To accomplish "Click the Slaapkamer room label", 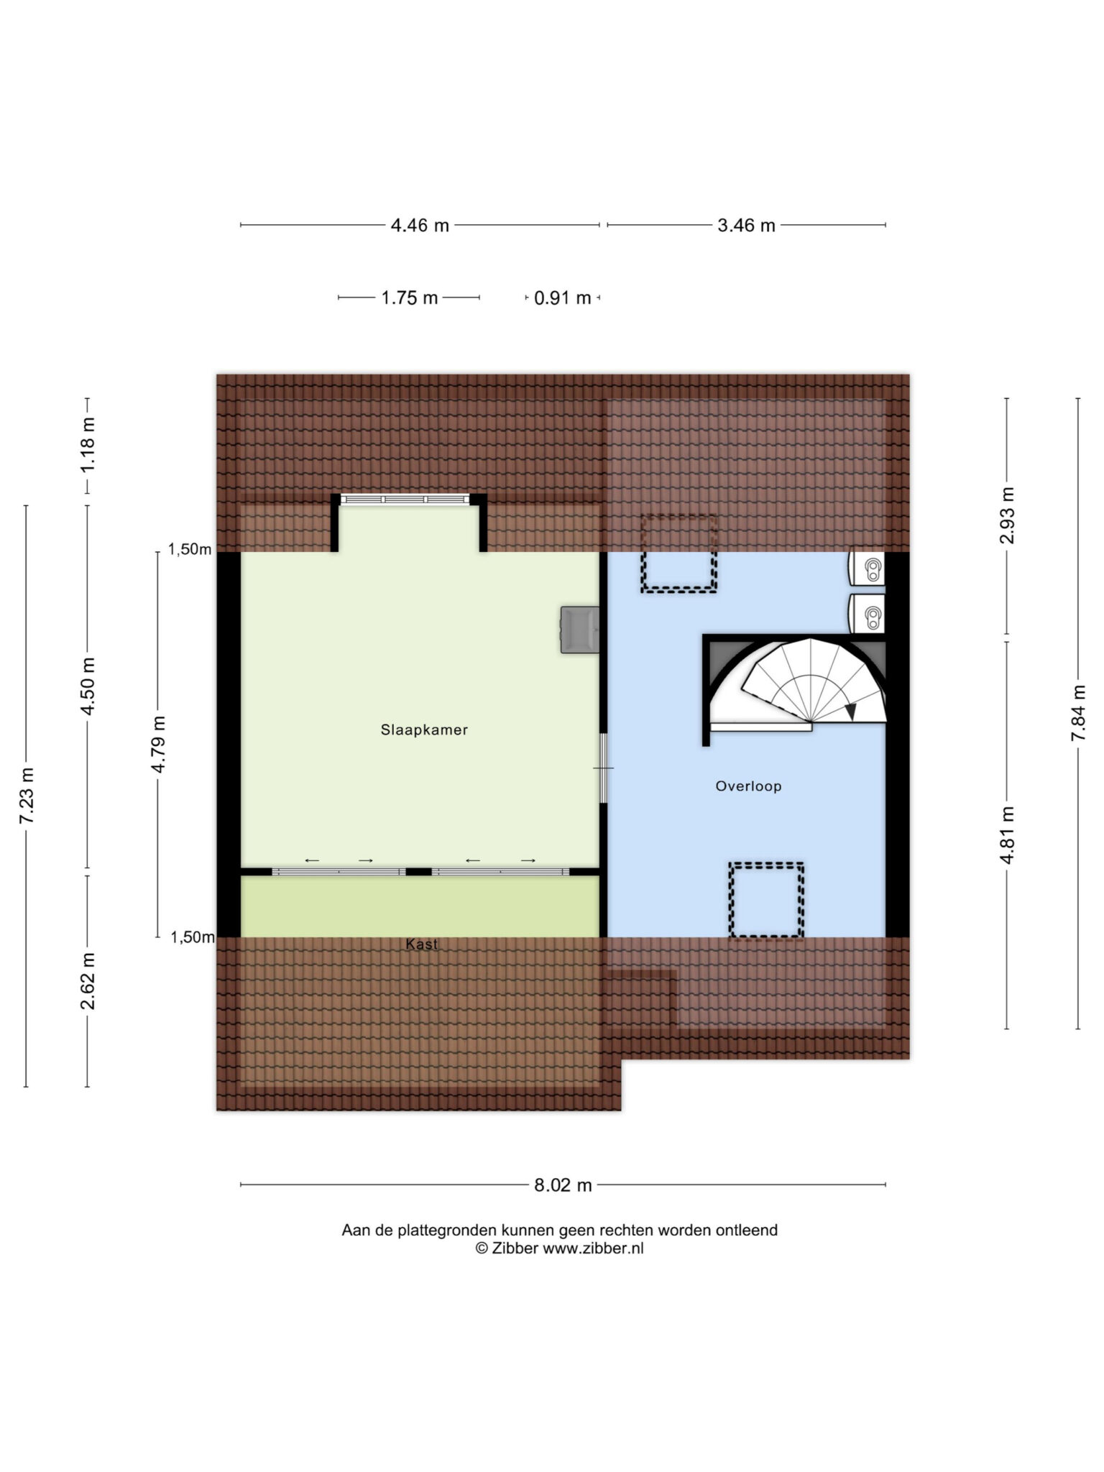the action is point(424,730).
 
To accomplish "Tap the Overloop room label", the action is point(748,786).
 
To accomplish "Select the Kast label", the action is point(421,944).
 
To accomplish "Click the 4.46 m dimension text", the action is point(420,226).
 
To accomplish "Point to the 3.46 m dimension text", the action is point(746,226).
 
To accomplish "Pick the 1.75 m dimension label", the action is point(409,298).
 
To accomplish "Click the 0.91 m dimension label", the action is point(562,298).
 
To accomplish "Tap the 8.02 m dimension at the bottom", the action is point(563,1185).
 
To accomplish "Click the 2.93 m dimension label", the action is point(1007,515).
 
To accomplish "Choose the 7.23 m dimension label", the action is point(27,796).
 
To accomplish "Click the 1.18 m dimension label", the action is point(88,445).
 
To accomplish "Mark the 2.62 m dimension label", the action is point(88,981).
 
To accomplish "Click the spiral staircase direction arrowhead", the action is point(851,712).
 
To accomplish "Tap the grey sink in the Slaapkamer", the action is point(579,630).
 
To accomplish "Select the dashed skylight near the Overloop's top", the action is point(679,553).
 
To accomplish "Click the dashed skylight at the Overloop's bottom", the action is point(766,900).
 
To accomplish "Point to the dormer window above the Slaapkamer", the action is point(405,499).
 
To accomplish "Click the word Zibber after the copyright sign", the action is point(515,1248).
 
